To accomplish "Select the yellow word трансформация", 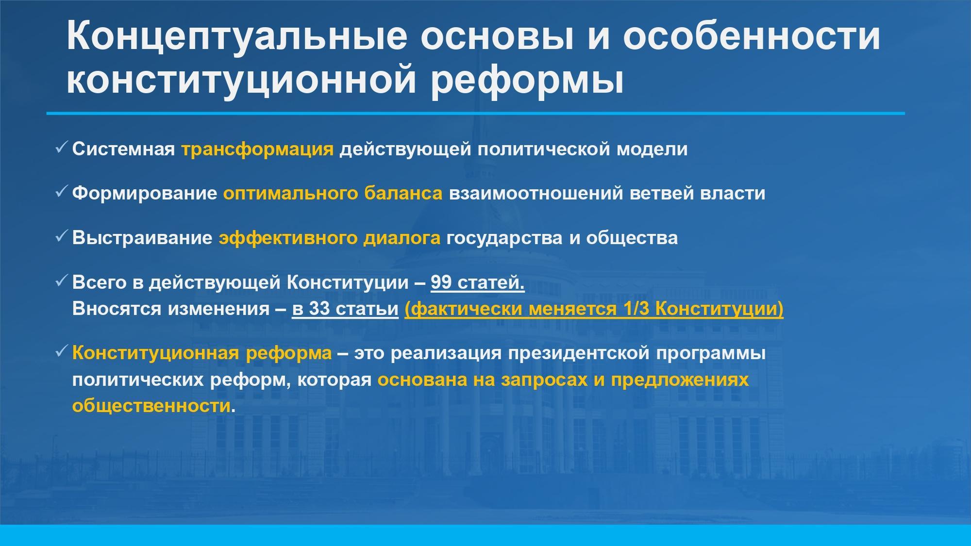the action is [257, 149].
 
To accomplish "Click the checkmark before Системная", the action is [61, 147].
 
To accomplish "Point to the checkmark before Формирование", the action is [61, 192].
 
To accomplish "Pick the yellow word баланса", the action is [403, 193].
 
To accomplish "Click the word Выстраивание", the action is [142, 238].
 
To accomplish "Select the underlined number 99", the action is [441, 282].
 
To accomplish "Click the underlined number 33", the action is [319, 309].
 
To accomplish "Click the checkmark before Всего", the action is [61, 281].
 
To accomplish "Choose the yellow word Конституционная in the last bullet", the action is [156, 353].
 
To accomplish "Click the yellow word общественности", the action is [151, 406].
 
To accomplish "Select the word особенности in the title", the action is [752, 36].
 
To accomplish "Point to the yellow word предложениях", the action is [680, 380].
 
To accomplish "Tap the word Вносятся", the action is [117, 309].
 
